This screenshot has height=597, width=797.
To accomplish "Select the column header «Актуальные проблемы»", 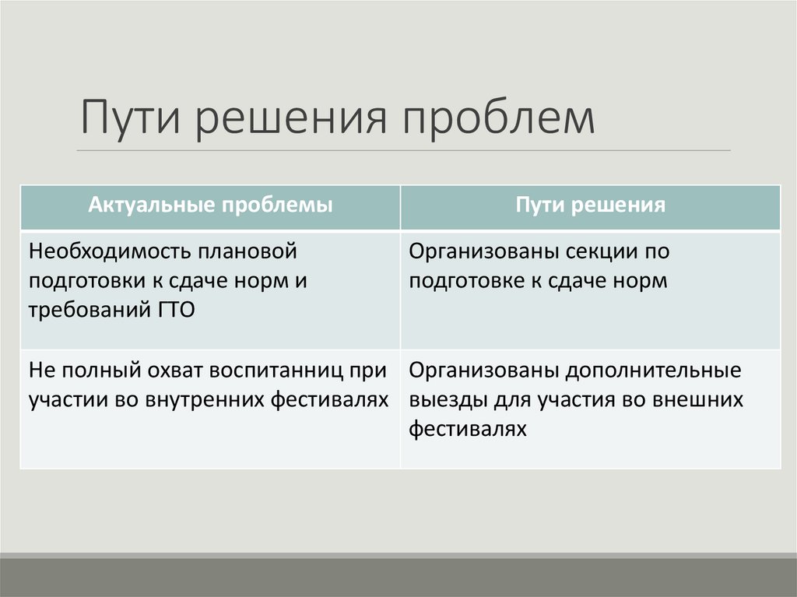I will pos(210,205).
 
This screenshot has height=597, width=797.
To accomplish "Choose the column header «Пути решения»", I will pos(591,205).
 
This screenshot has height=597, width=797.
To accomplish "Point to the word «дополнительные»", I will pos(653,370).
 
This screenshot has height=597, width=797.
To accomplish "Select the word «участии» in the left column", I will pos(61,399).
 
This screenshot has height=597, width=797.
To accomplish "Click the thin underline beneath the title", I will pos(404,150).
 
